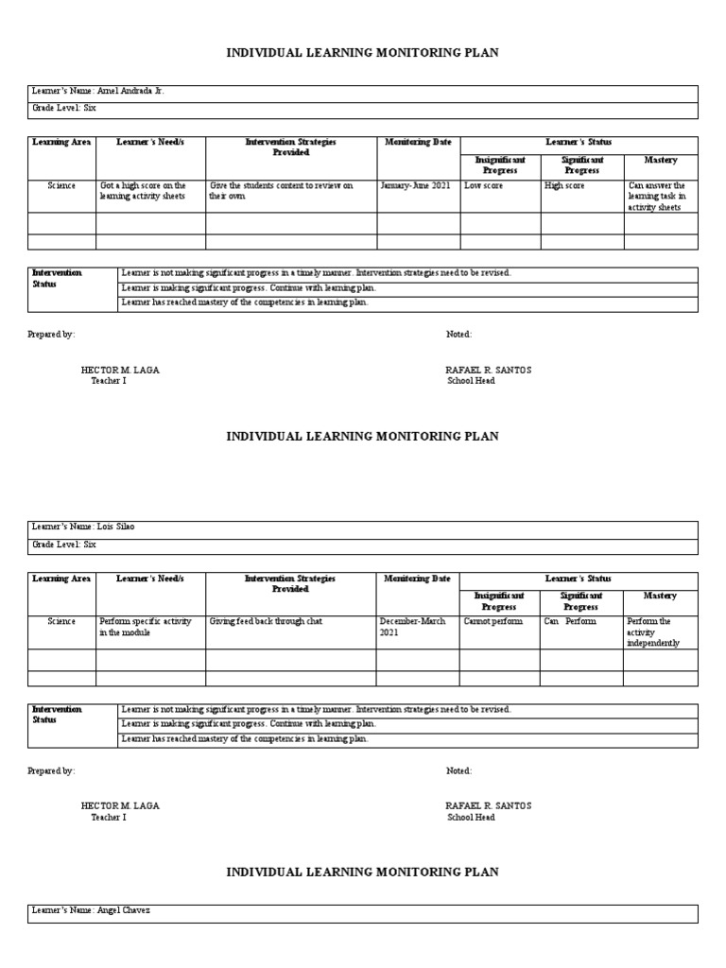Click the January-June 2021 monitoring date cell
click(x=416, y=186)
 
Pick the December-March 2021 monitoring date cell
click(x=416, y=627)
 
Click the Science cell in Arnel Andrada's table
click(x=61, y=186)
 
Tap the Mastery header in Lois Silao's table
click(x=660, y=596)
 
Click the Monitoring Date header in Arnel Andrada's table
click(x=418, y=142)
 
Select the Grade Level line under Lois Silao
click(x=64, y=545)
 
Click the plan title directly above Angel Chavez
click(x=362, y=872)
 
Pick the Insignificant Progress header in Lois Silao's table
click(x=500, y=601)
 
